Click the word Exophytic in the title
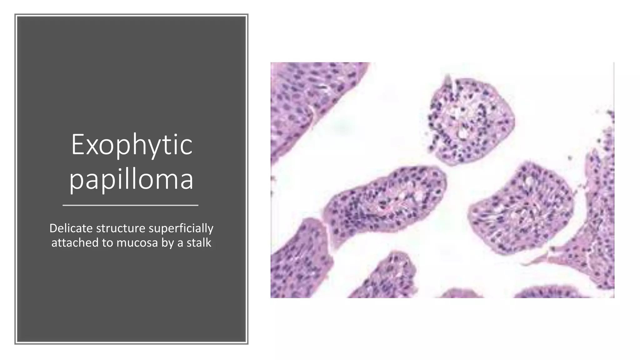pos(132,145)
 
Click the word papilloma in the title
pos(131,179)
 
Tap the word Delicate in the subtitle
pos(71,228)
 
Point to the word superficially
pos(181,228)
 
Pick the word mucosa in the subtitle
pos(137,242)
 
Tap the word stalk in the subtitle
pos(199,242)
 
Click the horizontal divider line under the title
pos(131,205)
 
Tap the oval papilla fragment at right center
pos(522,208)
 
